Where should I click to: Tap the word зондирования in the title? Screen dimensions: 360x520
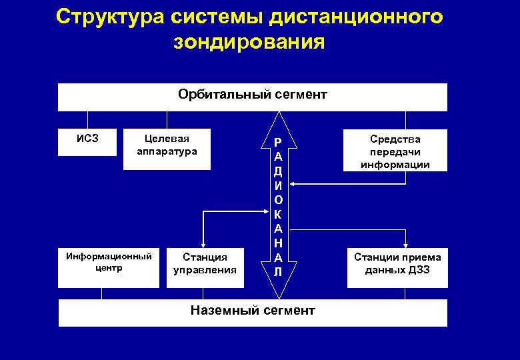pos(249,43)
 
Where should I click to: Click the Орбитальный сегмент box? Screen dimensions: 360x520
pos(252,97)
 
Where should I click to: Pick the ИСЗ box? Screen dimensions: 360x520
pos(87,141)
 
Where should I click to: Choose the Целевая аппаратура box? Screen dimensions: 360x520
pos(167,147)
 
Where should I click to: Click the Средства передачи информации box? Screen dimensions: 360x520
pos(395,151)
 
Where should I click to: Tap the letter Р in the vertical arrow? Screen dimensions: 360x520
pos(278,142)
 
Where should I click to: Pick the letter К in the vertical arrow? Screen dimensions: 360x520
pos(278,214)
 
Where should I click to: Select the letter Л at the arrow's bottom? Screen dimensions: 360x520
pos(278,272)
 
